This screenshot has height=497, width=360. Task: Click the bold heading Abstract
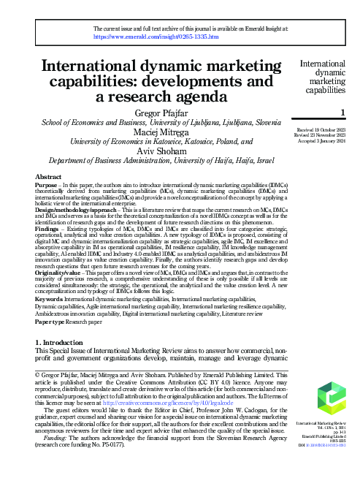[x=48, y=178]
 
